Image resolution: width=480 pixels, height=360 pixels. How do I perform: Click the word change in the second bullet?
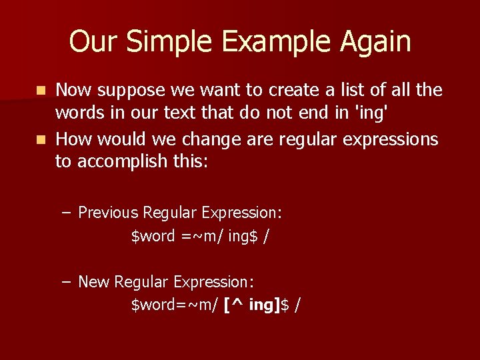211,139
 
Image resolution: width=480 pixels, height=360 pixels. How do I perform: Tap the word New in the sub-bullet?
93,282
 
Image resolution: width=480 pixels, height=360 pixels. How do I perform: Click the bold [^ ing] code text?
252,305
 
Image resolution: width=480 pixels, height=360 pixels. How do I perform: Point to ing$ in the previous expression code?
243,236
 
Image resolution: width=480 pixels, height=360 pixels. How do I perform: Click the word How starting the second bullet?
73,139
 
